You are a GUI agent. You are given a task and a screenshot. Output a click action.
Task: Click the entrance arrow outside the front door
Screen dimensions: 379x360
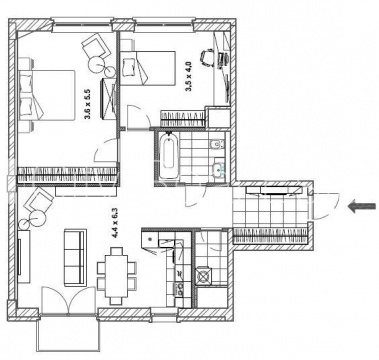(x=361, y=207)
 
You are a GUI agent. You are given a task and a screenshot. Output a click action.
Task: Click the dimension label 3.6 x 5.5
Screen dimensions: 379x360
(x=88, y=104)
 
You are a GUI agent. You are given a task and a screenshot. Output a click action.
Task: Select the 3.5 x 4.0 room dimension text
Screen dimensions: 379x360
(x=189, y=76)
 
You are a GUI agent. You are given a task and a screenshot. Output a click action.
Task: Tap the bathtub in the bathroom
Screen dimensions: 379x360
(x=169, y=155)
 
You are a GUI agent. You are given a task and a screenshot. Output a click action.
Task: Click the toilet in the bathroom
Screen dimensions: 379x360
(x=218, y=145)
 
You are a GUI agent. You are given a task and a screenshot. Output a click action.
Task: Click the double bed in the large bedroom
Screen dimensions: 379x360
(x=46, y=95)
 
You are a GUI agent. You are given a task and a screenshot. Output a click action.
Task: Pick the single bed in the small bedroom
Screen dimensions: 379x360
(x=148, y=68)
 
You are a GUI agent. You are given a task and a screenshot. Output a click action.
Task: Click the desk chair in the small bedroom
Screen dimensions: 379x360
(x=208, y=57)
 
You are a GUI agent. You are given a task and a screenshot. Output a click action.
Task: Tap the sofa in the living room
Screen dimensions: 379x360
(x=75, y=257)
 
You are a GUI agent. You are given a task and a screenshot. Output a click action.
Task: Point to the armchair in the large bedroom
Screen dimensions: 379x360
(x=97, y=46)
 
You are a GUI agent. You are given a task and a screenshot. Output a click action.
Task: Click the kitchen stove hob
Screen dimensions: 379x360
(x=203, y=275)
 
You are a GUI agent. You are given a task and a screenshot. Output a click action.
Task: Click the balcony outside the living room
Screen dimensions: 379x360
(x=68, y=333)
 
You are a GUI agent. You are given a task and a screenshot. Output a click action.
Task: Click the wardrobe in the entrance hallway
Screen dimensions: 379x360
(x=270, y=235)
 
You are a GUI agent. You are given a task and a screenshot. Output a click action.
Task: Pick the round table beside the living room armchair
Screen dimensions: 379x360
(x=37, y=218)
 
